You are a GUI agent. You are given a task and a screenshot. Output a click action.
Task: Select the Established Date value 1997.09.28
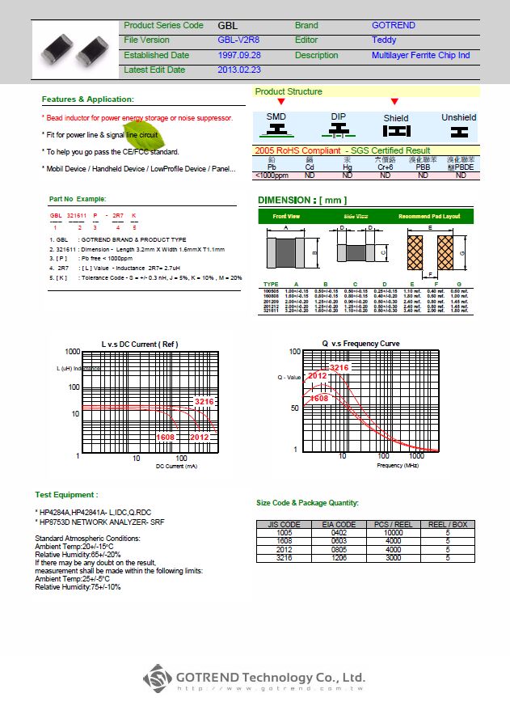tap(238, 55)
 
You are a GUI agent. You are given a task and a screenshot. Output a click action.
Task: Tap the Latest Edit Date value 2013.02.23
tap(238, 70)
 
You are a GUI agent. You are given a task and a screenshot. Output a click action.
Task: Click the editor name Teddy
tap(384, 40)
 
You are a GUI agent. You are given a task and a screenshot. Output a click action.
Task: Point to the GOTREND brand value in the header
tap(394, 25)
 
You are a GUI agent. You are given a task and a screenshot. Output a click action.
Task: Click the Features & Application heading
tap(87, 99)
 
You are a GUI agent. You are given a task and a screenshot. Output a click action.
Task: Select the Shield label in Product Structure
tap(396, 118)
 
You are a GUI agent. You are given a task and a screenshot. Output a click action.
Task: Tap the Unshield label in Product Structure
tap(458, 117)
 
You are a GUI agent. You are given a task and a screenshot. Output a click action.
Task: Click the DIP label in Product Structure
tap(339, 116)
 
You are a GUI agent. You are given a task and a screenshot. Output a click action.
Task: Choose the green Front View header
tap(286, 217)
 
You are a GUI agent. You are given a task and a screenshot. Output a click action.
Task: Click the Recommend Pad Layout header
tap(429, 217)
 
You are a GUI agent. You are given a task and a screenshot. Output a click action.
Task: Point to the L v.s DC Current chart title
tap(140, 345)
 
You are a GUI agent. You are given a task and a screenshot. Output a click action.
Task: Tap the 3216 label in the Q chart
tap(339, 368)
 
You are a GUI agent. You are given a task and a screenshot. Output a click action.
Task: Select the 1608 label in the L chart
tap(165, 437)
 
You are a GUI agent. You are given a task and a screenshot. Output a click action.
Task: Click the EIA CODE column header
tap(339, 525)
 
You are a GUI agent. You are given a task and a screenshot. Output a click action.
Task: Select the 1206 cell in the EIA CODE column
tap(339, 558)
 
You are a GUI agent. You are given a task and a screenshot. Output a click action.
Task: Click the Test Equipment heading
tap(66, 494)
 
